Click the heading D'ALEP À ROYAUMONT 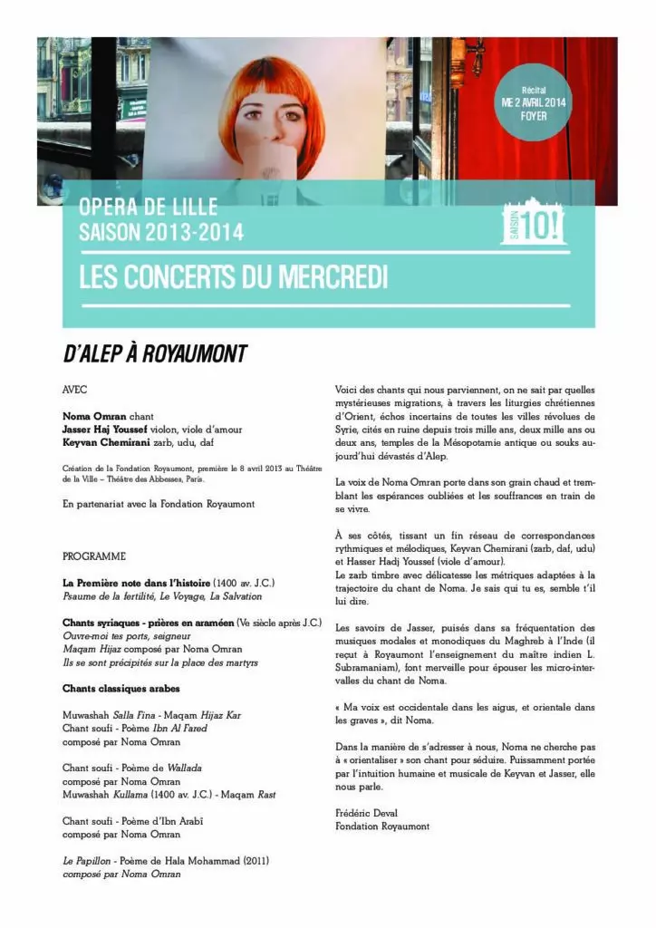pyautogui.click(x=154, y=354)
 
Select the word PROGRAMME pyautogui.click(x=94, y=556)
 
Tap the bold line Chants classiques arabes pyautogui.click(x=121, y=689)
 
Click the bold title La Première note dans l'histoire pyautogui.click(x=137, y=583)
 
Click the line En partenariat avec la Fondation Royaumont pyautogui.click(x=159, y=504)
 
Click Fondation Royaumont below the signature pyautogui.click(x=382, y=826)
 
